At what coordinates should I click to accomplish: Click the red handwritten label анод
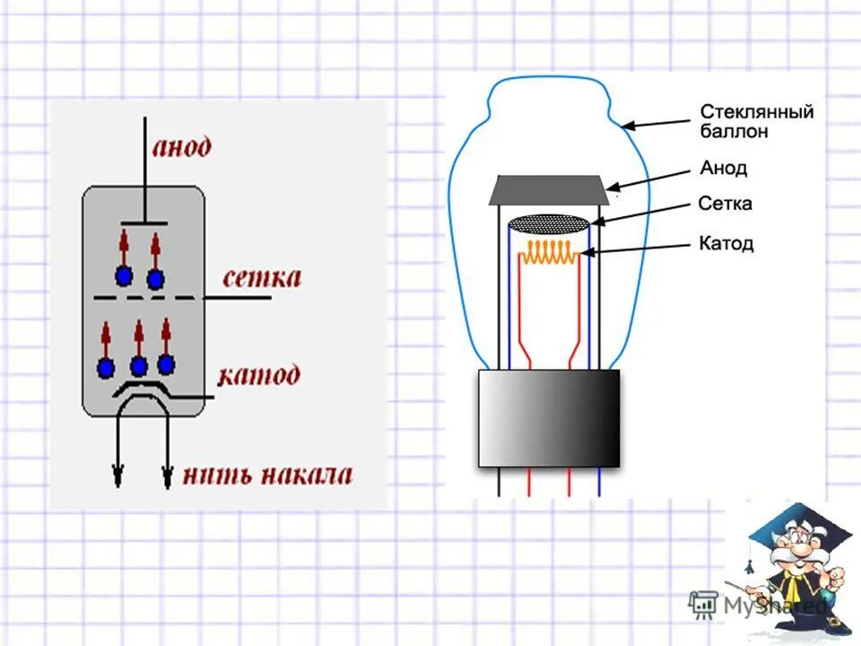point(181,146)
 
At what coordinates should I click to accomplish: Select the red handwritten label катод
point(259,374)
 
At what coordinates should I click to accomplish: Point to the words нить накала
point(267,475)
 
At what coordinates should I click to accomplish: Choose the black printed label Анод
point(723,169)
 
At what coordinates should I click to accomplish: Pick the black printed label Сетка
point(725,205)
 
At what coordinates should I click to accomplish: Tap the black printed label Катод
point(726,243)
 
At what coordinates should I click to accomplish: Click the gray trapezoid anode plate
point(549,189)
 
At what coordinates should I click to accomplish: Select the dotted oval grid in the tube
point(549,223)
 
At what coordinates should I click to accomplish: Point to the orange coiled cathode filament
point(549,253)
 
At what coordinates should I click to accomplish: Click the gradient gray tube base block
point(549,418)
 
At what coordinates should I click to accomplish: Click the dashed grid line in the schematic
point(147,297)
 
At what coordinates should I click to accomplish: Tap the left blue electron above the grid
point(123,275)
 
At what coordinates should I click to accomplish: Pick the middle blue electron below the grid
point(138,366)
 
